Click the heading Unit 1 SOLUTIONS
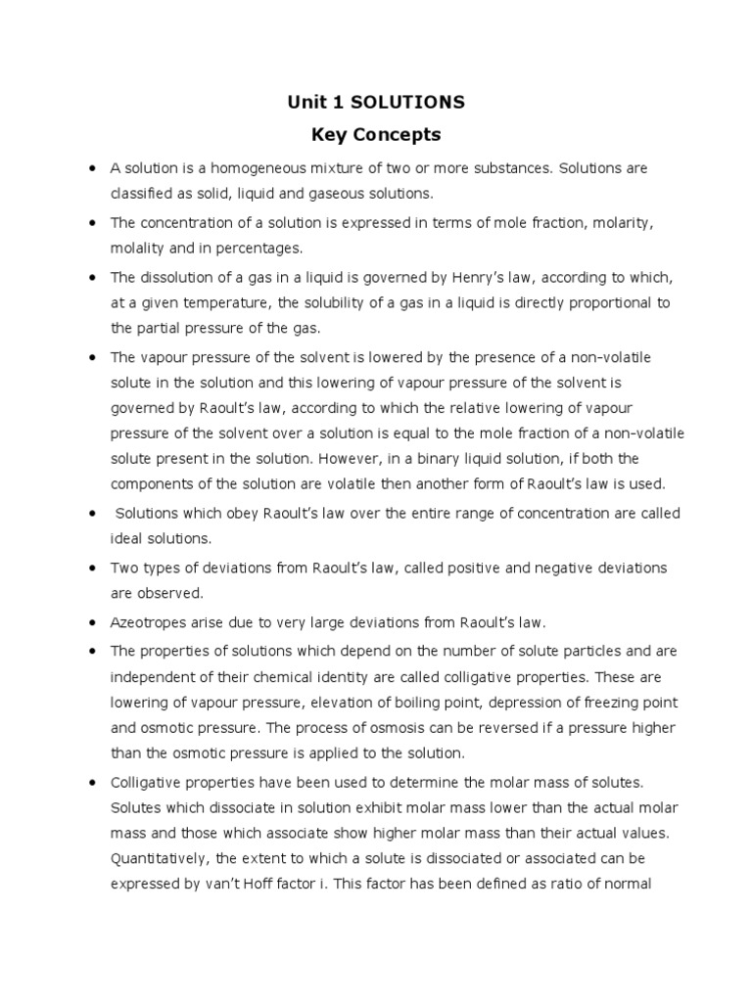tap(375, 102)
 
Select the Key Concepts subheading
tap(375, 134)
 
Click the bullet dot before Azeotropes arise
tap(90, 622)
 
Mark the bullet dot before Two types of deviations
tap(90, 569)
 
